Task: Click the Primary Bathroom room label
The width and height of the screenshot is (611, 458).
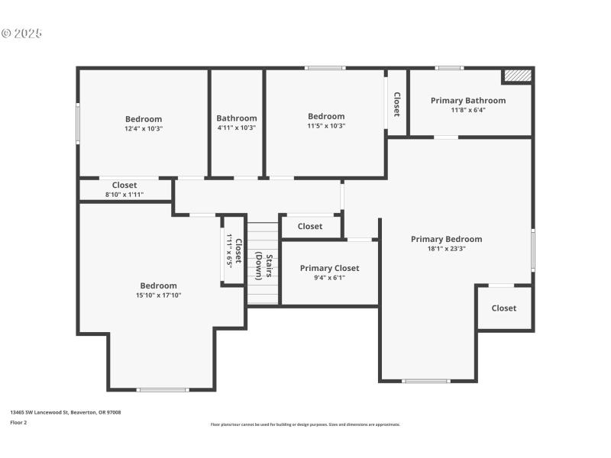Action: pos(467,100)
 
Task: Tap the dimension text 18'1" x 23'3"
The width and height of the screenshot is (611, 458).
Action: pos(446,248)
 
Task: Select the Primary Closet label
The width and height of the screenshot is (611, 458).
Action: pos(329,268)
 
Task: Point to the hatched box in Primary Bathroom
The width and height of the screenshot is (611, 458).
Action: pos(517,76)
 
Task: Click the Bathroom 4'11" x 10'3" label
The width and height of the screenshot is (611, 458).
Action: pos(236,118)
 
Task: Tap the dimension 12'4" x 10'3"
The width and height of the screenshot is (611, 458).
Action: pos(144,128)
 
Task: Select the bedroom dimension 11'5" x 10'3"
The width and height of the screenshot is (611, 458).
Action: pos(326,126)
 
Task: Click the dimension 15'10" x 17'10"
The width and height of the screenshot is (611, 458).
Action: pos(158,295)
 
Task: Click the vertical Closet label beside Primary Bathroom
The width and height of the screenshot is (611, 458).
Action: pos(396,105)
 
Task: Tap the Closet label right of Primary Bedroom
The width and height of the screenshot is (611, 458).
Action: pos(503,308)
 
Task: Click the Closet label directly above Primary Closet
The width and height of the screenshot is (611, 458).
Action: pos(309,226)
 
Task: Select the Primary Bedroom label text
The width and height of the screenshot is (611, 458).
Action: pos(446,239)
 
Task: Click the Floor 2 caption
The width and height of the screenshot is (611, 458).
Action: pos(18,422)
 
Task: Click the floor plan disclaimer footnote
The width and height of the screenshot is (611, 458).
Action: pos(305,424)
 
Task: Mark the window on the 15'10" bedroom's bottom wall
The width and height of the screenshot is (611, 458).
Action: pos(162,390)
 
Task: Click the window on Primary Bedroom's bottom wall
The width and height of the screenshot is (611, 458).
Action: pos(426,380)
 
